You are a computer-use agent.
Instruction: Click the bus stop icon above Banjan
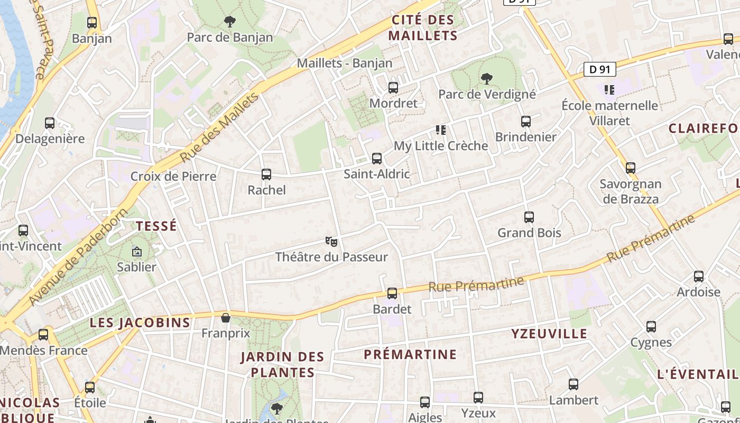(92, 23)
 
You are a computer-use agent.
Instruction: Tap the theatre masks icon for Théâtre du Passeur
(331, 242)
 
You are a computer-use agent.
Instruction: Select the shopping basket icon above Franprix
(226, 318)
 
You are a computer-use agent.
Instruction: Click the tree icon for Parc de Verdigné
(487, 79)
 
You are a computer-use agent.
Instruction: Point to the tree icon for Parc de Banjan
(230, 22)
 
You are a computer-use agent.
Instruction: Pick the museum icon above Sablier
(137, 252)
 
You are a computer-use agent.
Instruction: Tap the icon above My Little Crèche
(441, 130)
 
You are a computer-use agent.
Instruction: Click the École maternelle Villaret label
(610, 113)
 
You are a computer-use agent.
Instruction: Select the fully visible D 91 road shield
(600, 69)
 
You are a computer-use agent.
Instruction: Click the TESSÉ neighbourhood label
(156, 226)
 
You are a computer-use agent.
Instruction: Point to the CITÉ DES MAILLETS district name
(422, 28)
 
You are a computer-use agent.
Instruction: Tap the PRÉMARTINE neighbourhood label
(410, 354)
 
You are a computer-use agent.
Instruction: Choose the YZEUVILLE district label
(549, 334)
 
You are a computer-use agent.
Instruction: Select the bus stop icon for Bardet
(392, 293)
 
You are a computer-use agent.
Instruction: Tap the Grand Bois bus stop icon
(529, 217)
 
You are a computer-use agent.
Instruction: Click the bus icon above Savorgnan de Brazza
(631, 168)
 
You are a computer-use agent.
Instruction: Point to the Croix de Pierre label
(173, 176)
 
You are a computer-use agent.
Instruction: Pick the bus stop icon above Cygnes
(651, 327)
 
